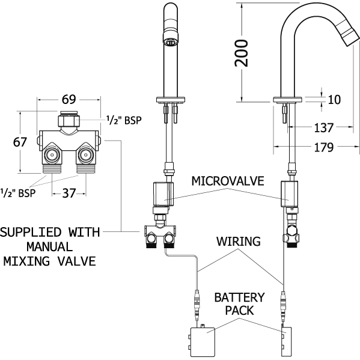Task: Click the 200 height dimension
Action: point(241,53)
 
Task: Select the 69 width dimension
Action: point(69,99)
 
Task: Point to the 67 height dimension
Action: point(20,142)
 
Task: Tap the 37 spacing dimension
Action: point(69,193)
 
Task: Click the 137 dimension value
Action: point(324,127)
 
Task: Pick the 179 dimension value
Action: point(324,147)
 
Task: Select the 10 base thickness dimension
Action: point(334,100)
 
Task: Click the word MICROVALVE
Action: point(228,181)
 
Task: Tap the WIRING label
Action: point(239,241)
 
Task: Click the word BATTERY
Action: point(239,297)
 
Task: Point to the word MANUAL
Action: point(50,247)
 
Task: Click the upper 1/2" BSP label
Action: point(124,120)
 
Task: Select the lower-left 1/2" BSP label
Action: point(18,193)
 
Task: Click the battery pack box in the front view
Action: point(203,341)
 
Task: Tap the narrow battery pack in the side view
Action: point(286,341)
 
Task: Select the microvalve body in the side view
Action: point(289,194)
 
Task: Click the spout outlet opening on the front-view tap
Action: point(171,42)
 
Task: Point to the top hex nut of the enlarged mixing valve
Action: point(69,121)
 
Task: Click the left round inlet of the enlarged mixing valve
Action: point(52,154)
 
